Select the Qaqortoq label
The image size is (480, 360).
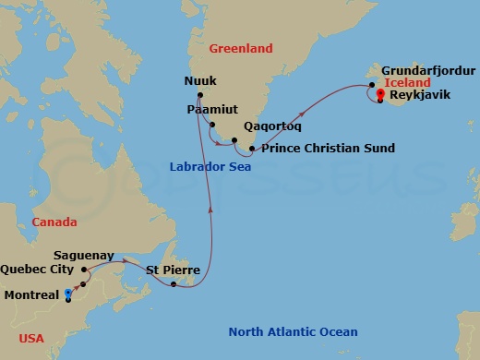point(270,126)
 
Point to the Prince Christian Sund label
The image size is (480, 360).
point(328,148)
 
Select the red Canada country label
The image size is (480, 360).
point(54,222)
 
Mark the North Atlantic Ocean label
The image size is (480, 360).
point(293,331)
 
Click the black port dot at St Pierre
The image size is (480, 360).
point(174,283)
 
